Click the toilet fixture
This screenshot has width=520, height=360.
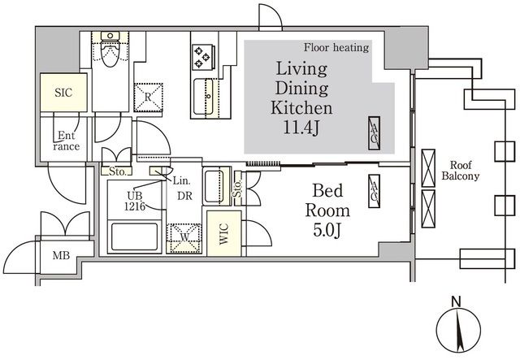coord(110,49)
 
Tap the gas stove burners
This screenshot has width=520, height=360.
coord(202,56)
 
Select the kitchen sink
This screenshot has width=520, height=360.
coord(204,96)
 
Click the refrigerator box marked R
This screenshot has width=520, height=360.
coord(148,98)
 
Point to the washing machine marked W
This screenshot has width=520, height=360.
coord(184,238)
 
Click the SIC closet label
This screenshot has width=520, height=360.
coord(63,93)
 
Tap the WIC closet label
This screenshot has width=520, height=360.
coord(224,233)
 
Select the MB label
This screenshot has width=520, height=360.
coord(61,255)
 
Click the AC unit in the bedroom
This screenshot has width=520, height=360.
coord(374,191)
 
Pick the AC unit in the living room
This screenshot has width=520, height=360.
coord(374,133)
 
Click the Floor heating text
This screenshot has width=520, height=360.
coord(336,48)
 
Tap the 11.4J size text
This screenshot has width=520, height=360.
coord(301,127)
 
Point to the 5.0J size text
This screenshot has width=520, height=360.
coord(327,230)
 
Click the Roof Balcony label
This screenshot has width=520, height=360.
coord(461,171)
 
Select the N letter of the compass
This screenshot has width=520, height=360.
coord(457,302)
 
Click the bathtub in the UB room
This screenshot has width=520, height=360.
coord(134,236)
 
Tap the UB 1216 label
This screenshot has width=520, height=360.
coord(135,202)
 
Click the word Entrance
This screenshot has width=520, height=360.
coord(67,141)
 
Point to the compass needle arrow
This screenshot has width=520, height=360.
coord(459,331)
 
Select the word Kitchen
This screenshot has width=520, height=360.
coord(301,108)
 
